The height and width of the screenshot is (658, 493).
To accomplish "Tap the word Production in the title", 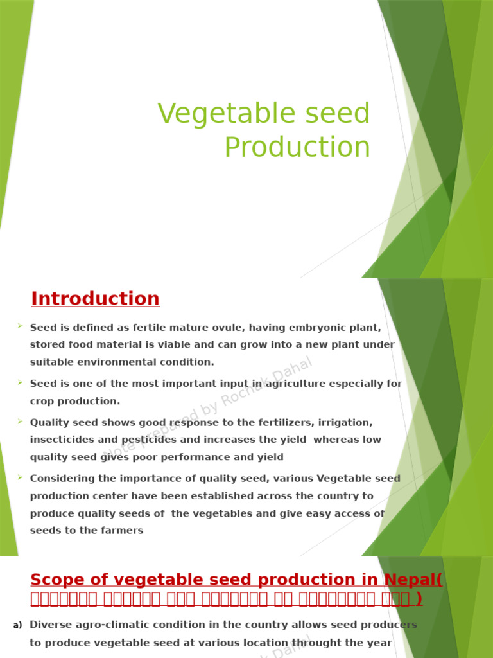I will (x=297, y=147).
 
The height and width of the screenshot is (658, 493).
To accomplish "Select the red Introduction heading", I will (x=95, y=299).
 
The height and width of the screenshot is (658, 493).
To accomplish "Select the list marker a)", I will (x=17, y=625).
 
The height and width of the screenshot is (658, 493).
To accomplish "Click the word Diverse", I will (x=50, y=625).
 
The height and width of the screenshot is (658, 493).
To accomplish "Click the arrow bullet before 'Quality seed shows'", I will (x=21, y=422).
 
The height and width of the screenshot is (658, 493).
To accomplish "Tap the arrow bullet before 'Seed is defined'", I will (x=21, y=327).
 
